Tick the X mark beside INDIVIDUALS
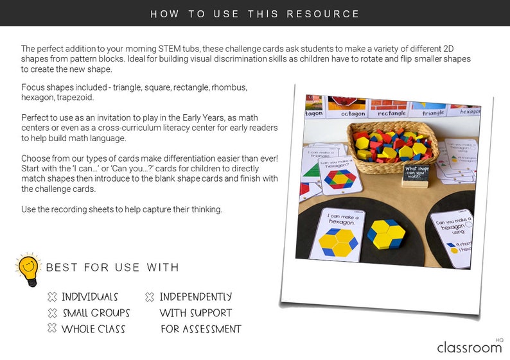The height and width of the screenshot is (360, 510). pyautogui.click(x=52, y=297)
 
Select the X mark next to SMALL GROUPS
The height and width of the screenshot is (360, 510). pyautogui.click(x=52, y=313)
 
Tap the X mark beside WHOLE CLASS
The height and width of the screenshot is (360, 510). pyautogui.click(x=52, y=329)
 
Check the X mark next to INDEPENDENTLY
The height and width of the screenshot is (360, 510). pyautogui.click(x=150, y=297)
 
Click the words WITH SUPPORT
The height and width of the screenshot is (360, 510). pyautogui.click(x=195, y=313)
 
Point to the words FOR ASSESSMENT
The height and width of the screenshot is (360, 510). pyautogui.click(x=200, y=329)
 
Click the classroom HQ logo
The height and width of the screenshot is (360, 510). pyautogui.click(x=470, y=347)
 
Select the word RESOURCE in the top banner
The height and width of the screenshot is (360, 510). pyautogui.click(x=324, y=13)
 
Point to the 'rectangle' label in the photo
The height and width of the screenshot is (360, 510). pyautogui.click(x=392, y=114)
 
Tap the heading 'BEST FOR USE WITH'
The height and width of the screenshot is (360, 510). pyautogui.click(x=112, y=267)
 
